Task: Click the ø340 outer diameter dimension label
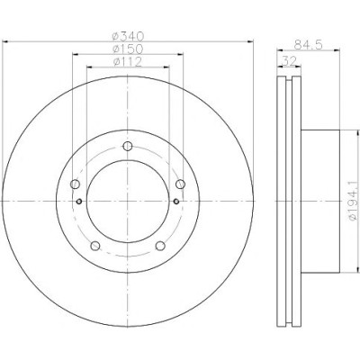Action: click(128, 36)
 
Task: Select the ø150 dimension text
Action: click(128, 49)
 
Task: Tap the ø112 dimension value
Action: click(128, 62)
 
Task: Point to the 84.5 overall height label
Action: click(309, 45)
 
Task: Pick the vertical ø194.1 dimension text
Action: click(355, 201)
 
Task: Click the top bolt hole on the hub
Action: click(128, 147)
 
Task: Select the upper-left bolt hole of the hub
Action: click(75, 184)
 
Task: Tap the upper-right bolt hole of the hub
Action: click(180, 184)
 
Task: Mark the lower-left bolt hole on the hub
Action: click(95, 246)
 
